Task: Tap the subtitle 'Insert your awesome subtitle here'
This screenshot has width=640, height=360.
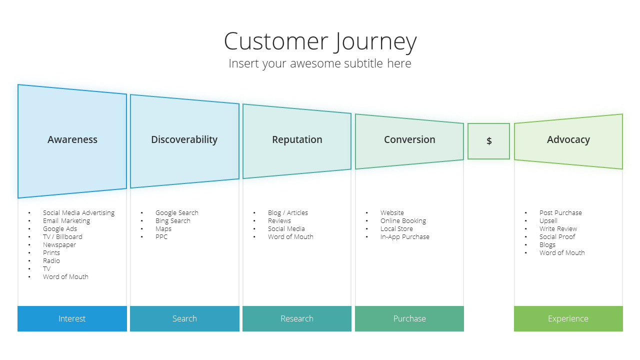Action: (x=319, y=63)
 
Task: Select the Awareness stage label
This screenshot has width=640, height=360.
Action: (x=72, y=139)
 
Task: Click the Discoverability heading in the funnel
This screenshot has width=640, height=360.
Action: (x=184, y=139)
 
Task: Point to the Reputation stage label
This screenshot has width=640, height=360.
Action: (x=297, y=139)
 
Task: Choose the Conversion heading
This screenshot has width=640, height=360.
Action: (x=409, y=139)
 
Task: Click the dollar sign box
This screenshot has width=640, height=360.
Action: (x=488, y=141)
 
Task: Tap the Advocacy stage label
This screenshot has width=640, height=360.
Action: (x=568, y=139)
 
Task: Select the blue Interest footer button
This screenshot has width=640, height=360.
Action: (x=72, y=318)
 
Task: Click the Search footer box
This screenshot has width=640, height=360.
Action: (x=184, y=318)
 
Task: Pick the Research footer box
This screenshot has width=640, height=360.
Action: (x=297, y=318)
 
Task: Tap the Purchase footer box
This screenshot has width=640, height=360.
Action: (x=409, y=318)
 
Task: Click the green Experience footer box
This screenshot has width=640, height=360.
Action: (x=568, y=318)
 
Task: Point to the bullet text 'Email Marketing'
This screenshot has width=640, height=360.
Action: (x=66, y=221)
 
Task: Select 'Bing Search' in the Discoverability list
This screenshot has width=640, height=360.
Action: (x=173, y=221)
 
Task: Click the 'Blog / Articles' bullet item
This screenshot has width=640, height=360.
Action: (x=287, y=213)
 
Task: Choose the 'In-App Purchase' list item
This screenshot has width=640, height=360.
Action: (x=404, y=237)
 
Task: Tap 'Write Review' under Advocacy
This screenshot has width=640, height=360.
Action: (x=558, y=229)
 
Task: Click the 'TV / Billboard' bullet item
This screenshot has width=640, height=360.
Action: (x=62, y=237)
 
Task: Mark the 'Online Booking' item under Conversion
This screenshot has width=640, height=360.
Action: (x=403, y=221)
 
